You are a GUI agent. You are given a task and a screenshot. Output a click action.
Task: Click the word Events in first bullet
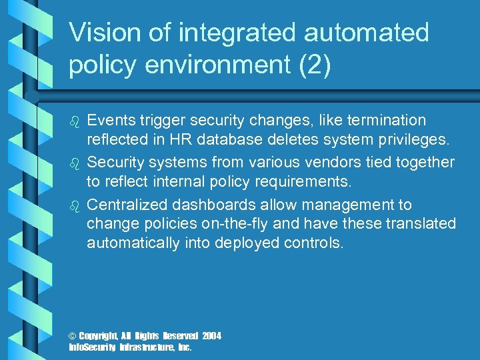click(111, 121)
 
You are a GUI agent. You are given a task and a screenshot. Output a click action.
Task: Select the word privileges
click(406, 140)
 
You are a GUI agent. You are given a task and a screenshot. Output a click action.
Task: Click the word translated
click(417, 224)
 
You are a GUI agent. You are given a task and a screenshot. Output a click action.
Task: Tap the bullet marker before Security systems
click(75, 163)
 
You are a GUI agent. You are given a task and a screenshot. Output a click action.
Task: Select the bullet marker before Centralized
click(75, 206)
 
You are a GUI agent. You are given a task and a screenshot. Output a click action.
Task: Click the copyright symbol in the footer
click(73, 336)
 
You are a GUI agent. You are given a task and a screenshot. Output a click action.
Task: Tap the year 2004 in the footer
click(211, 336)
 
